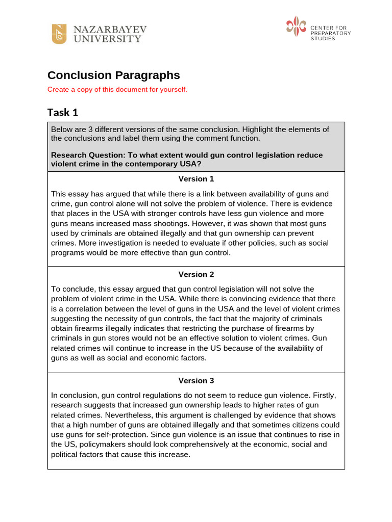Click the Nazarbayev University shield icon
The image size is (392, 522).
[59, 34]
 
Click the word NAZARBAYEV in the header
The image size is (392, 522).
[110, 29]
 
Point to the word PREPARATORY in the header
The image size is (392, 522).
[331, 33]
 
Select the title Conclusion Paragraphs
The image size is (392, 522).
[113, 75]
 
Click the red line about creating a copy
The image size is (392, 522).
[117, 90]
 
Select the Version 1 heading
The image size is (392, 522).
[196, 179]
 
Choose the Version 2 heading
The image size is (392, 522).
[196, 274]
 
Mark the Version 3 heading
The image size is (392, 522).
[196, 380]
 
